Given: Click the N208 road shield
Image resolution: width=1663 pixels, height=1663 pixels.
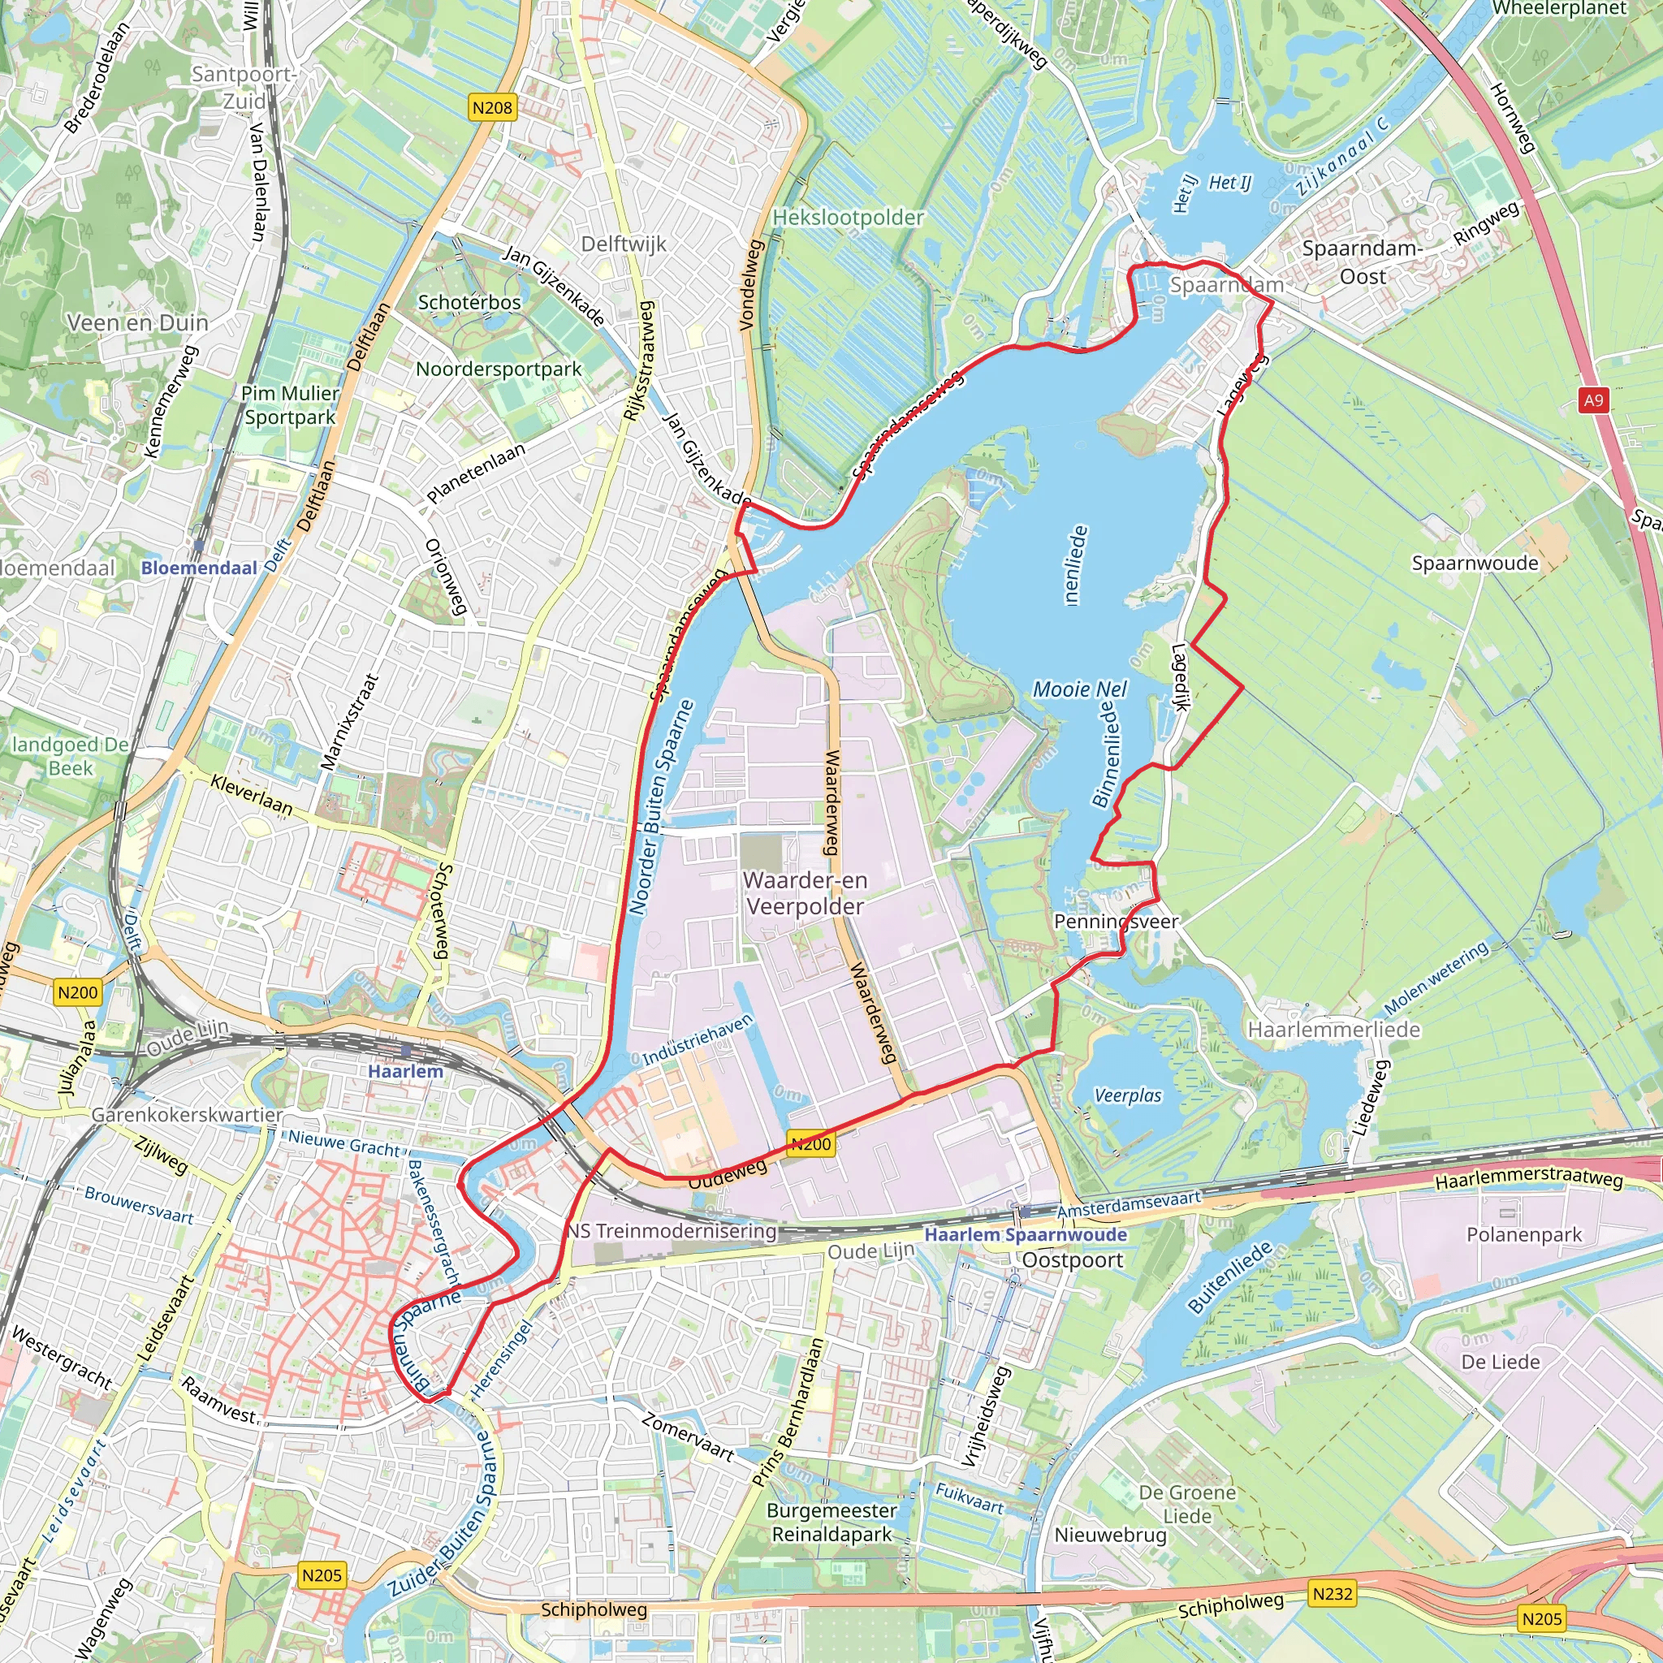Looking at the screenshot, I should point(492,108).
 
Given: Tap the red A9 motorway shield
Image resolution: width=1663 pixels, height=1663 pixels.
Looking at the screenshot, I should point(1593,400).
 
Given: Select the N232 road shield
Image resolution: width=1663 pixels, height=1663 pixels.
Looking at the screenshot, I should point(1332,1593).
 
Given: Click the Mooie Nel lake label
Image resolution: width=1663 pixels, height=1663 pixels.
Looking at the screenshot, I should point(1079,689).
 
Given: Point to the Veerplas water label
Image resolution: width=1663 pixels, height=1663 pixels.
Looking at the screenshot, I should point(1128,1095).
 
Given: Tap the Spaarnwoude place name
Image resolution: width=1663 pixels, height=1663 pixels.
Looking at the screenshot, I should point(1475,563).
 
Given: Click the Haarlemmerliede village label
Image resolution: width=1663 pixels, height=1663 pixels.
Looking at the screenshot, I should point(1333,1030).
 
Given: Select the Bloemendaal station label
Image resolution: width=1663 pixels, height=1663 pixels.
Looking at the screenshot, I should point(199,568).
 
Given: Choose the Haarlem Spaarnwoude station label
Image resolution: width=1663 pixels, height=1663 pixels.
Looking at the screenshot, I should point(1026,1234).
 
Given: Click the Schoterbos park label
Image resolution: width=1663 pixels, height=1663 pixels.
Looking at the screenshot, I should point(469,302).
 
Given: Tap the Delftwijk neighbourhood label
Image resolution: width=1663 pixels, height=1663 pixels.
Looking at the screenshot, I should point(623,244).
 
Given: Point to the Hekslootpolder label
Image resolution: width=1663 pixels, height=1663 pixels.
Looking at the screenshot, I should point(848,217).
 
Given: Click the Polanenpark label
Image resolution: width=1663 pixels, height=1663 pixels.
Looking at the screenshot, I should point(1523,1234).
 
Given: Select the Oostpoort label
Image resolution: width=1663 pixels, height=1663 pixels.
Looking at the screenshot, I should point(1073,1259).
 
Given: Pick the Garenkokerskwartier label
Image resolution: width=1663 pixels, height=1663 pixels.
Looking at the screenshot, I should point(187,1115).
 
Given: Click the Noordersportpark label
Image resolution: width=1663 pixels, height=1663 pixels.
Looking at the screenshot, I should point(499,369).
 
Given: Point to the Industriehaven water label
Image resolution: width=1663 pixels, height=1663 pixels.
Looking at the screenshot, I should point(698,1039).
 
